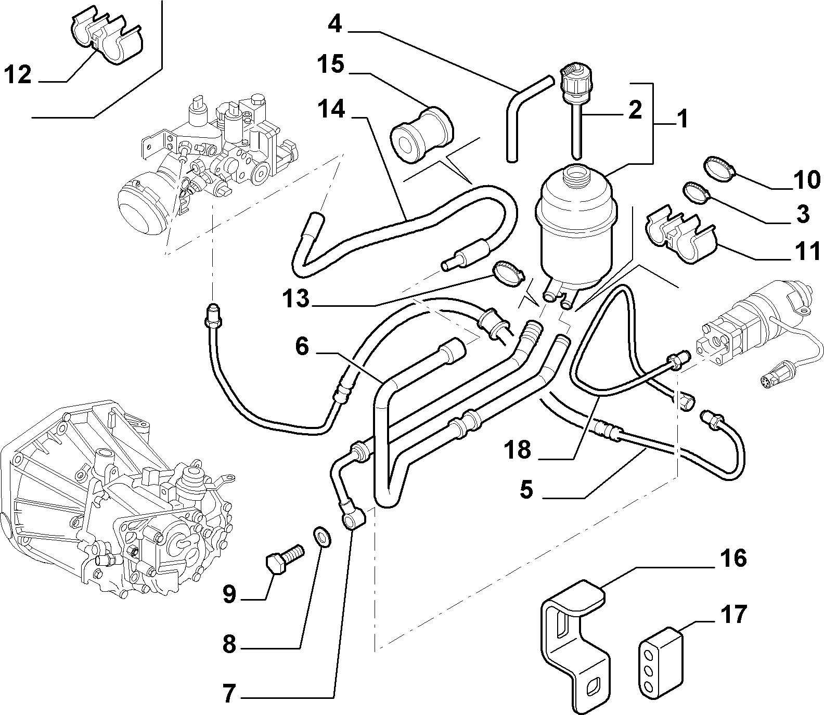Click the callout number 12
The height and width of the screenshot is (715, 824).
[19, 75]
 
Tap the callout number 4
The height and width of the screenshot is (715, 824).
[335, 23]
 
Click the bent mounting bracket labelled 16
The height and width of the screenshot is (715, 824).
[572, 640]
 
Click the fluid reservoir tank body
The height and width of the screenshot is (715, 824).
[572, 229]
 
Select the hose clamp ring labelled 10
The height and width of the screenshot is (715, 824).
[718, 170]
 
